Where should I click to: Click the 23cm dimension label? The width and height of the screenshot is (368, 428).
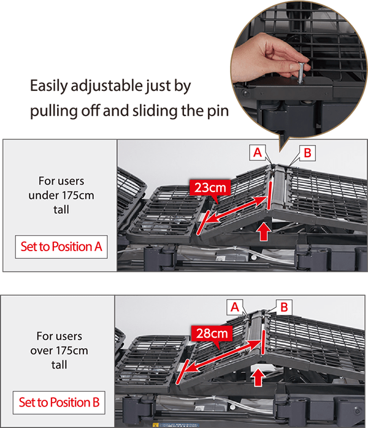[x=210, y=187]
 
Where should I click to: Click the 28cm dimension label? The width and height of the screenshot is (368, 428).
[x=212, y=333]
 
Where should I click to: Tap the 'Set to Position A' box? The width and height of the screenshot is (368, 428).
[x=61, y=247]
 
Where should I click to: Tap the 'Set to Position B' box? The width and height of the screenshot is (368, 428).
[x=59, y=402]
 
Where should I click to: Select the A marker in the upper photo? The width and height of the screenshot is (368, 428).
[x=258, y=152]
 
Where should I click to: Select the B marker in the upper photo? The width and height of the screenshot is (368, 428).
[x=307, y=153]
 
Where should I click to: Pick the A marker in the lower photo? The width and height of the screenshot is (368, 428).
[x=235, y=308]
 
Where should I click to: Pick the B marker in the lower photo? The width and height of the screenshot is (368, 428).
[x=284, y=308]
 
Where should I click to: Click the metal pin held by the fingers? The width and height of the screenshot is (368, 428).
[x=301, y=73]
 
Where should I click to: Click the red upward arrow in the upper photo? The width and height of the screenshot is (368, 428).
[x=264, y=232]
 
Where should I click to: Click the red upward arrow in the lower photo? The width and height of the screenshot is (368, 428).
[x=258, y=377]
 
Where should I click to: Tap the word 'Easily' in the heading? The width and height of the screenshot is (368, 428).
[x=49, y=87]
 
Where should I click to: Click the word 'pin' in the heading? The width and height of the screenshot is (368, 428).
[x=218, y=111]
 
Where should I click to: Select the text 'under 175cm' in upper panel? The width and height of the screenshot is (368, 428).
[x=61, y=195]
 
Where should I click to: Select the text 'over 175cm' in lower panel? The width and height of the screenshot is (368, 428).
[x=59, y=351]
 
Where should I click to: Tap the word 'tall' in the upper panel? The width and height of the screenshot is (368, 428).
[x=61, y=209]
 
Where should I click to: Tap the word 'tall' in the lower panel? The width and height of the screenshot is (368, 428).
[x=59, y=365]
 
